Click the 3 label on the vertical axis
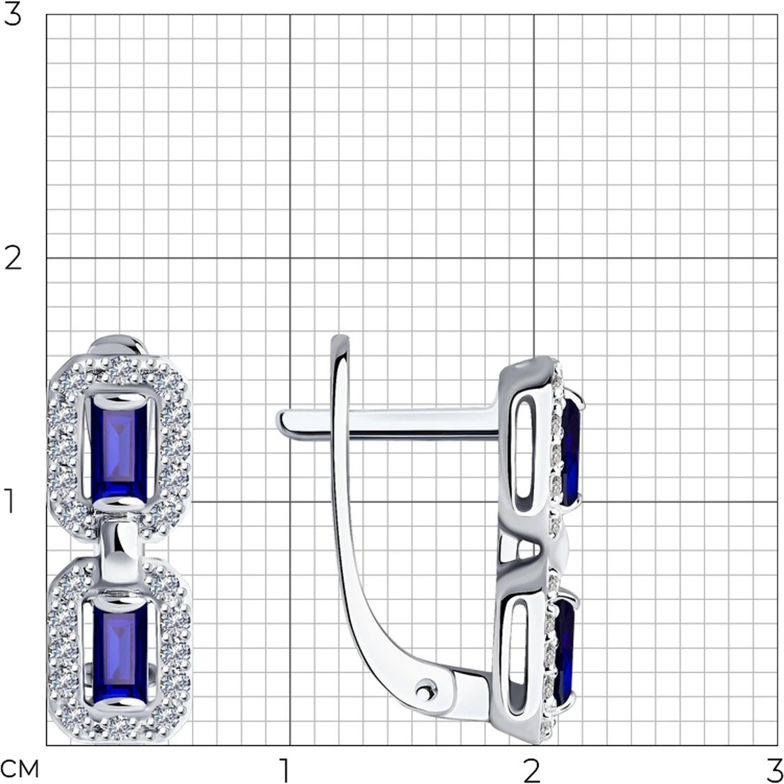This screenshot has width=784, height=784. point(13,15)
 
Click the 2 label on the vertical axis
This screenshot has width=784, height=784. point(13,258)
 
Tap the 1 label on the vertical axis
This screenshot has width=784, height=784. point(10,501)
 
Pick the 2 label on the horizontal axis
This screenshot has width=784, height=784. point(532,771)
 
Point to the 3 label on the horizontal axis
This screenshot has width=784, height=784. point(775,771)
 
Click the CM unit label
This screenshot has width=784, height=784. point(19,771)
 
